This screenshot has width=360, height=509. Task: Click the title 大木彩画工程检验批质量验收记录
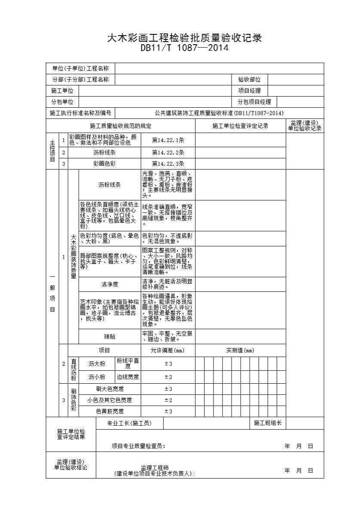(x=184, y=38)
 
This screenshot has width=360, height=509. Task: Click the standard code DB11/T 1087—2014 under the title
(x=184, y=48)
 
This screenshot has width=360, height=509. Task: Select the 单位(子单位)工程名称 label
(x=80, y=69)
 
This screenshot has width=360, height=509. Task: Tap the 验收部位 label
(x=250, y=80)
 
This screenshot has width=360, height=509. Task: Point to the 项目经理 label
(x=250, y=91)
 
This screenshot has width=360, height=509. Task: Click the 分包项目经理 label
(x=254, y=102)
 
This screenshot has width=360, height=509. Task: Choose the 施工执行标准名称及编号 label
(x=80, y=113)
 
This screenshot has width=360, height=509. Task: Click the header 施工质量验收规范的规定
(x=121, y=126)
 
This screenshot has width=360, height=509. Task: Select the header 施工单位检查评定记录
(x=240, y=126)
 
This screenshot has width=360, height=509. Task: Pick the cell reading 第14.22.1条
(x=168, y=140)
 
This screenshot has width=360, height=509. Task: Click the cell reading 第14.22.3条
(x=168, y=164)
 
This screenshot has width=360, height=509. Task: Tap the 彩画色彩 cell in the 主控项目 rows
(x=104, y=164)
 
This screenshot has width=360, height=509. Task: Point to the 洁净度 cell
(x=110, y=284)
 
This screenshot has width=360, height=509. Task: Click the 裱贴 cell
(x=110, y=336)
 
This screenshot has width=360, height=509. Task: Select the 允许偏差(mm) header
(x=168, y=350)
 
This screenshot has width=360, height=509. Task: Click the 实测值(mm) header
(x=240, y=350)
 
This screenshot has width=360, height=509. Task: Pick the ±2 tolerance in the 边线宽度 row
(x=168, y=377)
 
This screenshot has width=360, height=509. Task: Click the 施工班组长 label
(x=268, y=423)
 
